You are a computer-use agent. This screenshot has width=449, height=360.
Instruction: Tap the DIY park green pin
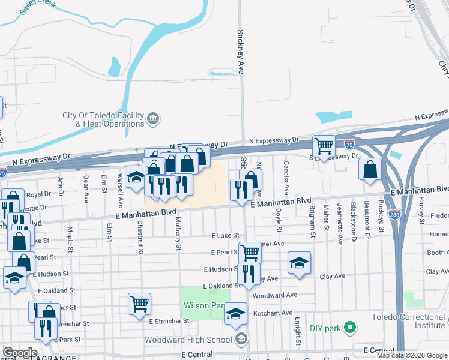[351, 328]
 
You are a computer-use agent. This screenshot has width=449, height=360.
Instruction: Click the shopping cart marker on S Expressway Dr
[324, 146]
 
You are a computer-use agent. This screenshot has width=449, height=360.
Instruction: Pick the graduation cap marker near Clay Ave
[299, 263]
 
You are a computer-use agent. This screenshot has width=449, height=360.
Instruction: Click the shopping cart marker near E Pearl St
[250, 253]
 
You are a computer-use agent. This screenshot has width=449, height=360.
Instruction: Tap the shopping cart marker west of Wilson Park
[139, 303]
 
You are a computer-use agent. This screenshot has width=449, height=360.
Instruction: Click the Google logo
[20, 353]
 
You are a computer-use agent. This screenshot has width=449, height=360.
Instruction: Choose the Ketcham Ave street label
[273, 313]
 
